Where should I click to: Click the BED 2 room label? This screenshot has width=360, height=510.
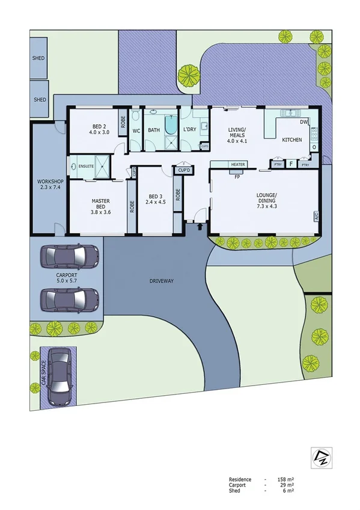[x=99, y=129]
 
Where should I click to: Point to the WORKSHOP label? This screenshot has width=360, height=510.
[x=50, y=185]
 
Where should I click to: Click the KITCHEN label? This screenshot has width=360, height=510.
[x=292, y=140]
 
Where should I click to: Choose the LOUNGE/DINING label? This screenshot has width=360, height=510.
[x=266, y=198]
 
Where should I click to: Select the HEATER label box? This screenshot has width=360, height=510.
[x=237, y=164]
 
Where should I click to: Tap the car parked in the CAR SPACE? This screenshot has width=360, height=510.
[x=59, y=376]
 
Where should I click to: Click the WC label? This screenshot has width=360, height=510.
[x=136, y=130]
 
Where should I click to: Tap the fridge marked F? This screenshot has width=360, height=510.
[x=291, y=164]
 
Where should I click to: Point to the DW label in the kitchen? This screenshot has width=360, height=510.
[x=304, y=122]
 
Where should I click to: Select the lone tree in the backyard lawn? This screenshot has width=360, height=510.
[x=189, y=75]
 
